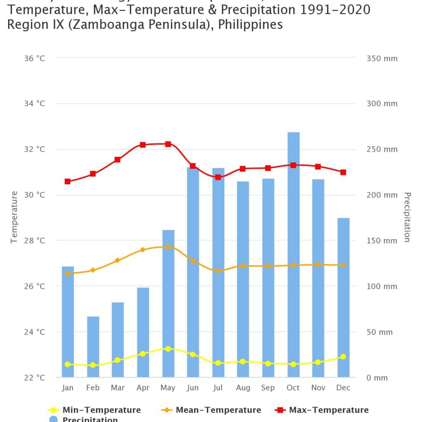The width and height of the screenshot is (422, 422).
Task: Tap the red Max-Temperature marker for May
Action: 168,144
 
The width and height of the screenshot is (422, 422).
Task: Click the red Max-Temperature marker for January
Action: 68,181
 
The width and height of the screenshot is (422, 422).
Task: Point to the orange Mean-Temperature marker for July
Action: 218,271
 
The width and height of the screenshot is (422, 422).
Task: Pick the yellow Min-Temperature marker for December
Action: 343,356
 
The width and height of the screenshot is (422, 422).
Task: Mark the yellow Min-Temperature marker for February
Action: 93,365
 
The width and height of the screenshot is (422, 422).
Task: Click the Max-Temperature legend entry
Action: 322,410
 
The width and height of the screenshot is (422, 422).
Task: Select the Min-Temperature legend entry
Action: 95,410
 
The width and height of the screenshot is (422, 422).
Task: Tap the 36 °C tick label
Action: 34,58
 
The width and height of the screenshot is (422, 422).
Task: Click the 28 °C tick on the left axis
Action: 34,241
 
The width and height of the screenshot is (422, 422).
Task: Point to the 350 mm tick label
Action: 382,58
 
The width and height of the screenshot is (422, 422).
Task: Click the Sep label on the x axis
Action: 268,388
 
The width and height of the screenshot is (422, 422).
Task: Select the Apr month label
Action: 143,388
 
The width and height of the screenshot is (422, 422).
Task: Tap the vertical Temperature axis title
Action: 14,217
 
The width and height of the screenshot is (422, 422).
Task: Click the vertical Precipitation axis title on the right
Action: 407,217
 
